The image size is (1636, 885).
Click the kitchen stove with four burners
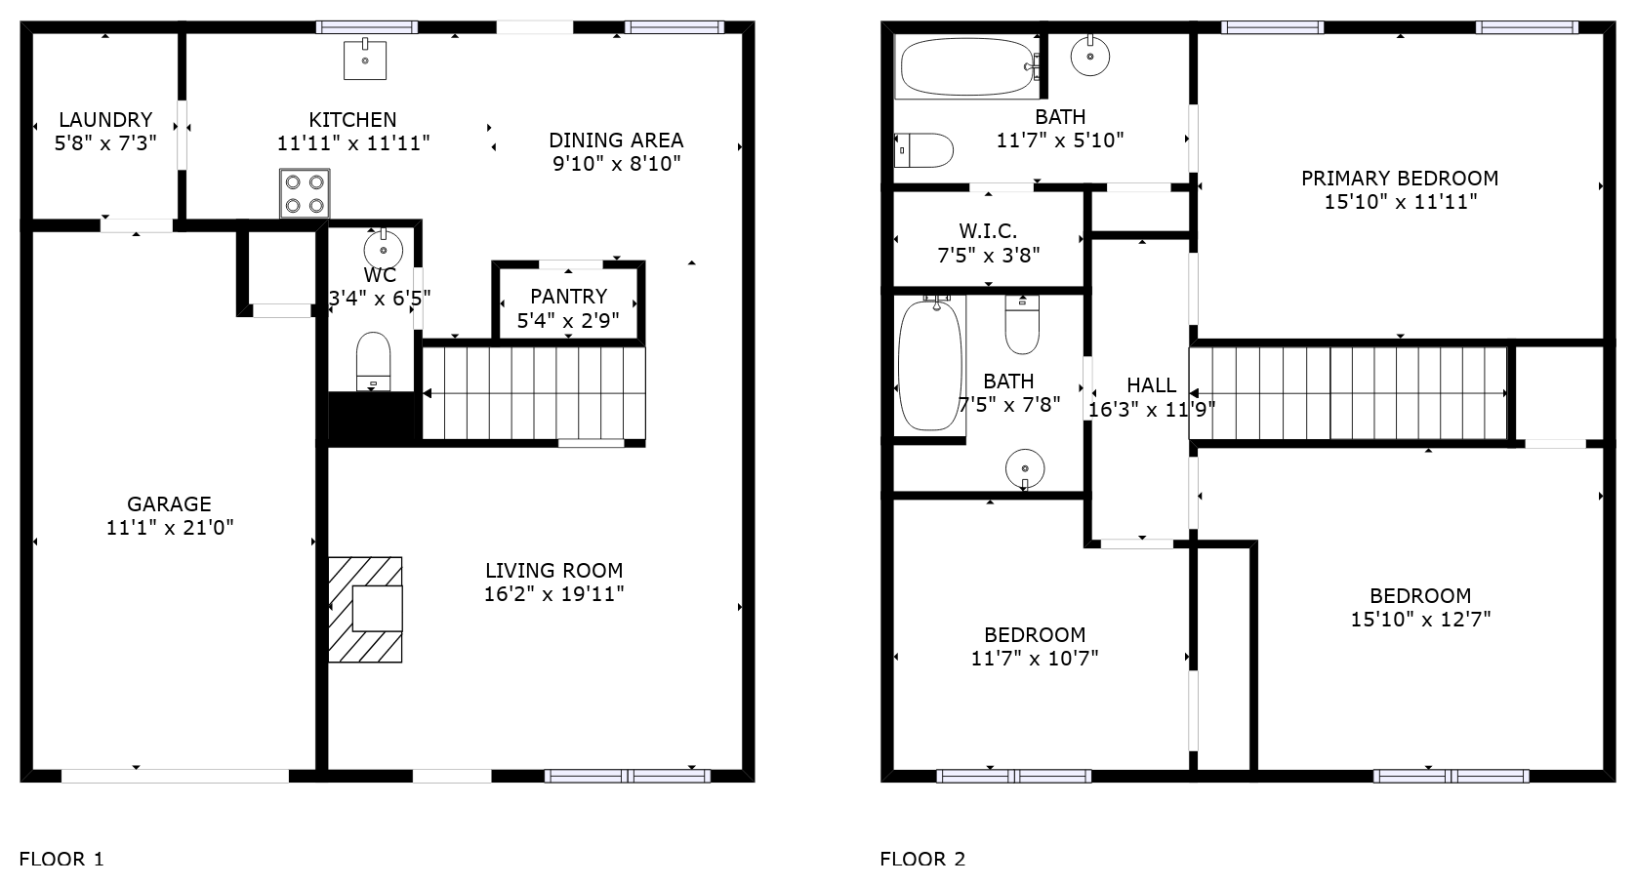tap(305, 193)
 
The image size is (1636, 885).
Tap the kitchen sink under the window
tap(365, 60)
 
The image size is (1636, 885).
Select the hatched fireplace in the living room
tap(365, 610)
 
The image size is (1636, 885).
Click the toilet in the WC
tap(373, 361)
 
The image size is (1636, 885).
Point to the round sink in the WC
tap(384, 248)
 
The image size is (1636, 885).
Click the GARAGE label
tap(170, 503)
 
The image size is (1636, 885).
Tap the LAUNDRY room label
tap(105, 119)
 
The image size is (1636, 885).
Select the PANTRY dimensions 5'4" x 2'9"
tap(568, 320)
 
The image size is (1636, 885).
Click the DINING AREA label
tap(616, 140)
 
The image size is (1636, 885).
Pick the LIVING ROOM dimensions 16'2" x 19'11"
tap(554, 593)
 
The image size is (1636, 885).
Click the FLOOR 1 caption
tap(62, 859)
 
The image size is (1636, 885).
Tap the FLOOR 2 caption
tap(923, 859)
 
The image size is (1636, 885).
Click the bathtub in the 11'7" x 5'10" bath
tap(967, 66)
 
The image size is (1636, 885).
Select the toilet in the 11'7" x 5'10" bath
tap(923, 150)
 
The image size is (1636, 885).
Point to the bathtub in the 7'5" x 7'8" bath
tap(929, 364)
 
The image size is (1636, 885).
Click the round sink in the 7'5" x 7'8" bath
tap(1025, 468)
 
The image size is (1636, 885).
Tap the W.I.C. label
tap(988, 230)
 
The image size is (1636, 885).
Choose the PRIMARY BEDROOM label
tap(1400, 179)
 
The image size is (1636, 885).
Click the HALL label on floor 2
tap(1152, 384)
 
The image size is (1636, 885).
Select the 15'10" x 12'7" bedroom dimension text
tap(1420, 620)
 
